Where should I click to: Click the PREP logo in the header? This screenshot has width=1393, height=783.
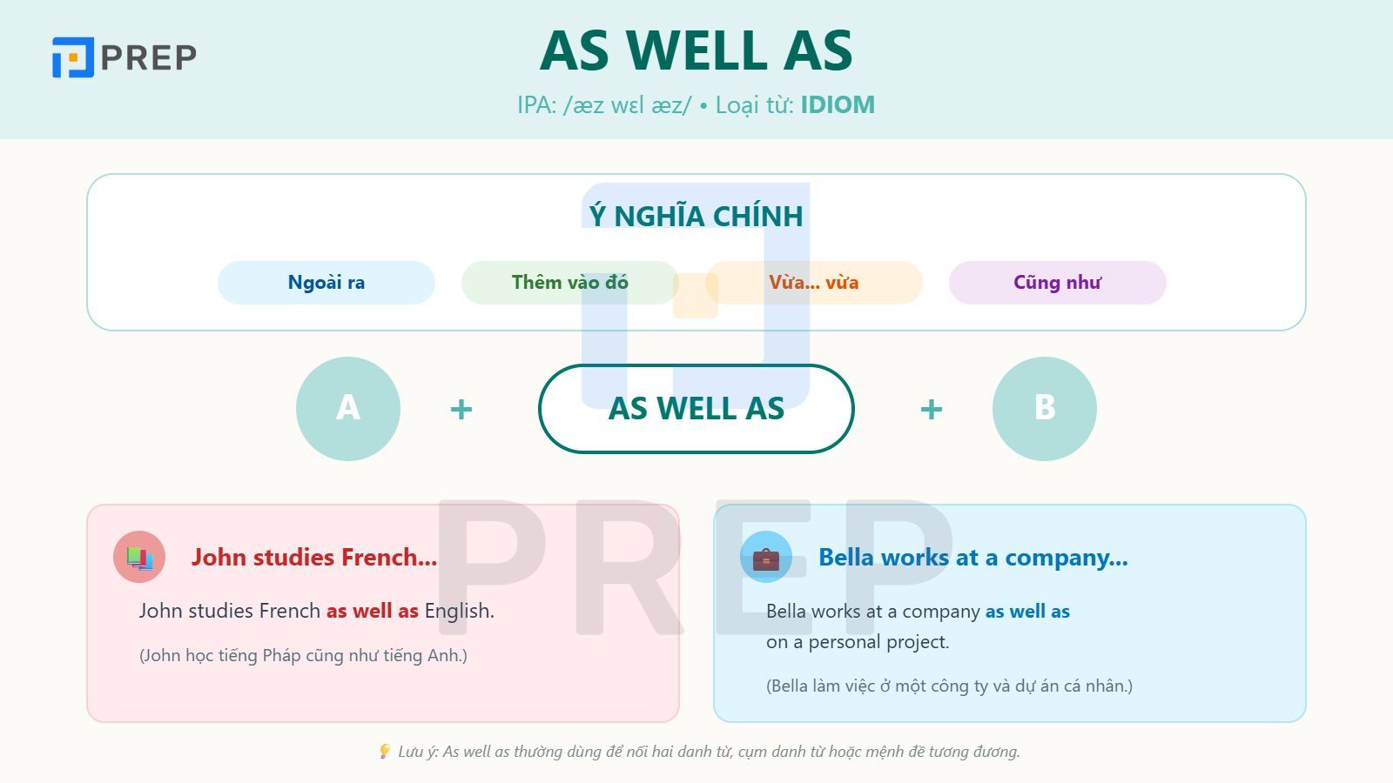pos(124,57)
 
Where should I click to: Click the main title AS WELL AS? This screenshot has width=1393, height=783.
pos(696,50)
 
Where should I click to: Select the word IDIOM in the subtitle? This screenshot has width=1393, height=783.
pos(838,105)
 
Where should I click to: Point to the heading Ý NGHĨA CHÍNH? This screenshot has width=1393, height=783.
pos(696,216)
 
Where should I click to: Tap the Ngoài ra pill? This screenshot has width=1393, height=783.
pos(326,283)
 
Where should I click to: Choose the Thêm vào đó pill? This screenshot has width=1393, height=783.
pos(569,283)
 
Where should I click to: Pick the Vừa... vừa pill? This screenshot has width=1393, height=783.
pos(813,283)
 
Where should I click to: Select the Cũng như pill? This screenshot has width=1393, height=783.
pos(1057,283)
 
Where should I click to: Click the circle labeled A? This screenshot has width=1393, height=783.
pos(348,408)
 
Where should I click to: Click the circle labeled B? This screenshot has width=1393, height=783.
pos(1044,408)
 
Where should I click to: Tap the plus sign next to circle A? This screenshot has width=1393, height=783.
pos(461,409)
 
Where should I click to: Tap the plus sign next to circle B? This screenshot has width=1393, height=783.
pos(932,409)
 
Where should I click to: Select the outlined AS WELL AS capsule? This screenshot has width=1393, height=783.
pos(696,408)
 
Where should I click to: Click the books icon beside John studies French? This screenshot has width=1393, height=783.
pos(139,557)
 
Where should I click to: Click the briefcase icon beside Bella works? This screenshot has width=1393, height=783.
pos(766,558)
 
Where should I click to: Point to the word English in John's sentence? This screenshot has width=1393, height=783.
pos(459,611)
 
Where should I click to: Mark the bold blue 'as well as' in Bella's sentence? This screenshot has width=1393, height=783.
pos(1027,612)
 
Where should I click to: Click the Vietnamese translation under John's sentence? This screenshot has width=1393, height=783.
pos(303,655)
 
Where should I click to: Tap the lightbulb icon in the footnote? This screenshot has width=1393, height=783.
pos(385,751)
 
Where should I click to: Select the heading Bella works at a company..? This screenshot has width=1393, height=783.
pos(972,558)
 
